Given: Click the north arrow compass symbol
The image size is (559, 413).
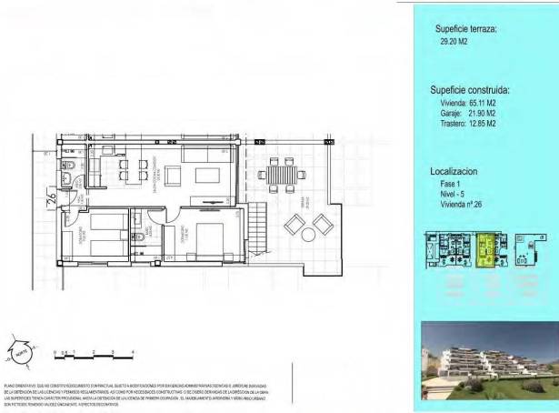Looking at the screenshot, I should coord(27,347).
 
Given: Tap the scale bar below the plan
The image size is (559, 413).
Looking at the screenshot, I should coord(94,352).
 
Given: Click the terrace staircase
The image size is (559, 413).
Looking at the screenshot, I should coord(259,227).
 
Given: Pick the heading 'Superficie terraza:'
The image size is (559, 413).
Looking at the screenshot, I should coord(465,28).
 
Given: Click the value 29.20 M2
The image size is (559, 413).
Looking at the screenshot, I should coord(455,41).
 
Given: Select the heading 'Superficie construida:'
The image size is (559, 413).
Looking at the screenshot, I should coord(468,91).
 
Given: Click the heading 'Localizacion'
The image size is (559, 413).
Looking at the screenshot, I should coord(454,171).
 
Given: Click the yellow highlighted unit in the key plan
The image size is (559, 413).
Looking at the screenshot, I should coord(487,250).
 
